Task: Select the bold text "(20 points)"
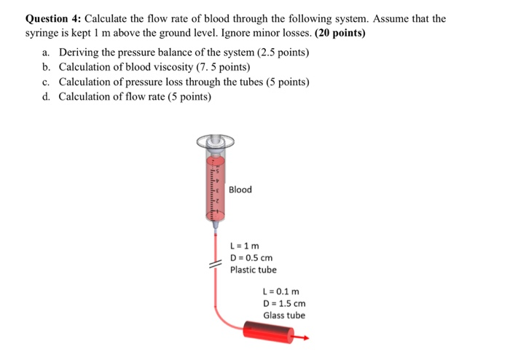point(340,34)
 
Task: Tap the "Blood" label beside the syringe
point(240,189)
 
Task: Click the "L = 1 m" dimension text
point(245,246)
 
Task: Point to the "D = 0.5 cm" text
point(251,258)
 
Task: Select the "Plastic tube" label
point(253,270)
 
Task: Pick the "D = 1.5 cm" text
point(284,303)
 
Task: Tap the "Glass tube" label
point(284,316)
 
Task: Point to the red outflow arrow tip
point(306,338)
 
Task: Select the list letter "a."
point(47,53)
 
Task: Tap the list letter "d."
point(47,97)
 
